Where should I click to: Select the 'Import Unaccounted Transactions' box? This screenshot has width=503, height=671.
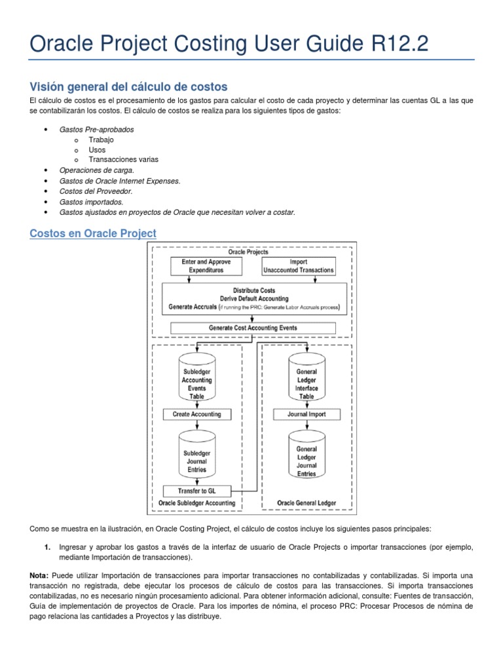[x=298, y=266]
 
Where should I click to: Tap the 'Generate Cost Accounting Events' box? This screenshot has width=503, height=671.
[x=253, y=328]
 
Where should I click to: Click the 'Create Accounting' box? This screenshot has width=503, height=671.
[x=196, y=414]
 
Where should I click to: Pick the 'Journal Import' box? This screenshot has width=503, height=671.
[x=307, y=414]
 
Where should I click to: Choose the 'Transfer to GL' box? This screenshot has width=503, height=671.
[x=196, y=491]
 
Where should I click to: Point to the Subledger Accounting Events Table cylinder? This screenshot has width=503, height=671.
[x=196, y=382]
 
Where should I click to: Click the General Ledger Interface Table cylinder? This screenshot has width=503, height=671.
[x=307, y=382]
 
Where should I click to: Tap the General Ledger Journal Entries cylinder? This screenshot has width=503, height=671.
[x=307, y=459]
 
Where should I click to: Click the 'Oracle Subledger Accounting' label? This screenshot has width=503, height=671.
[x=196, y=503]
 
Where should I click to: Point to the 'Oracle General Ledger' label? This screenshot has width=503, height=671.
[x=307, y=503]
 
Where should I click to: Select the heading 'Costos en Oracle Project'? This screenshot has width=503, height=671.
[x=93, y=233]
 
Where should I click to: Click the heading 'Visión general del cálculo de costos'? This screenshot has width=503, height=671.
[x=128, y=86]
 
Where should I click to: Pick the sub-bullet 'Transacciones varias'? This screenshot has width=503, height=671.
[x=124, y=159]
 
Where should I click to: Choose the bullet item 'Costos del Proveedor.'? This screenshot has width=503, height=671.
[x=96, y=191]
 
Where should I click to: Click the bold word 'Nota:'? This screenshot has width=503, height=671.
[x=39, y=575]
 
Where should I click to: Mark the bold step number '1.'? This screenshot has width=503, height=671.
[x=47, y=546]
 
